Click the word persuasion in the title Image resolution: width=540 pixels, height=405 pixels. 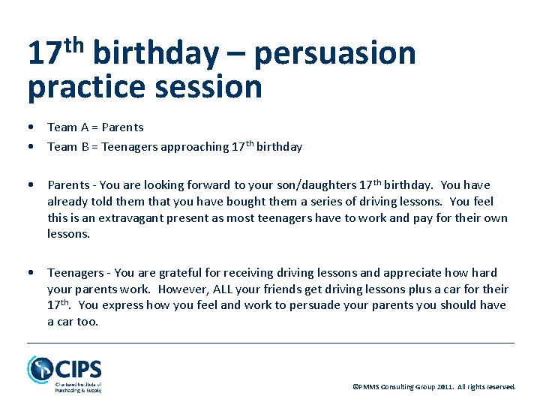[334, 54]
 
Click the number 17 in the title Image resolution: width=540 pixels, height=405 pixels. [43, 54]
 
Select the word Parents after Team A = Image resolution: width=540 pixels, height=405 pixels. [122, 127]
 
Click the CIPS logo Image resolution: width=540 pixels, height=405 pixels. [64, 373]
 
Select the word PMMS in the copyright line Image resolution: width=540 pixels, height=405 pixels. [370, 387]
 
